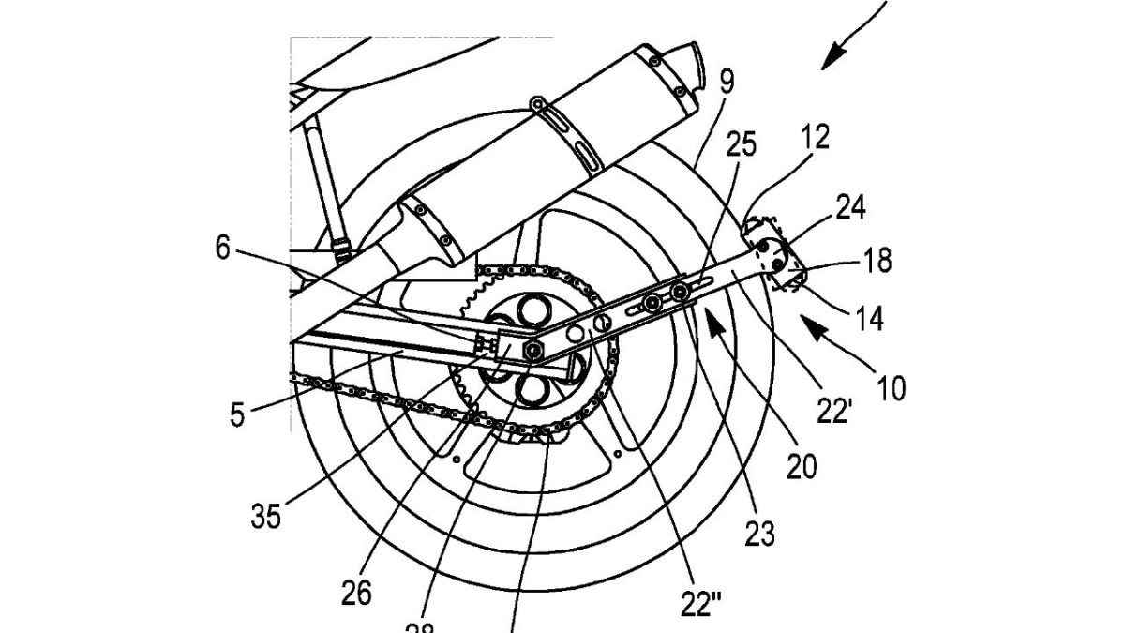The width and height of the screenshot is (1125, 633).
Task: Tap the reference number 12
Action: click(x=816, y=138)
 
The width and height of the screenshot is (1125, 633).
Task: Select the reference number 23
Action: click(x=759, y=534)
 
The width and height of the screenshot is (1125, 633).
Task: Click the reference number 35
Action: click(x=265, y=516)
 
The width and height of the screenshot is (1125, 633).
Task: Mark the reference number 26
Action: click(x=357, y=593)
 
